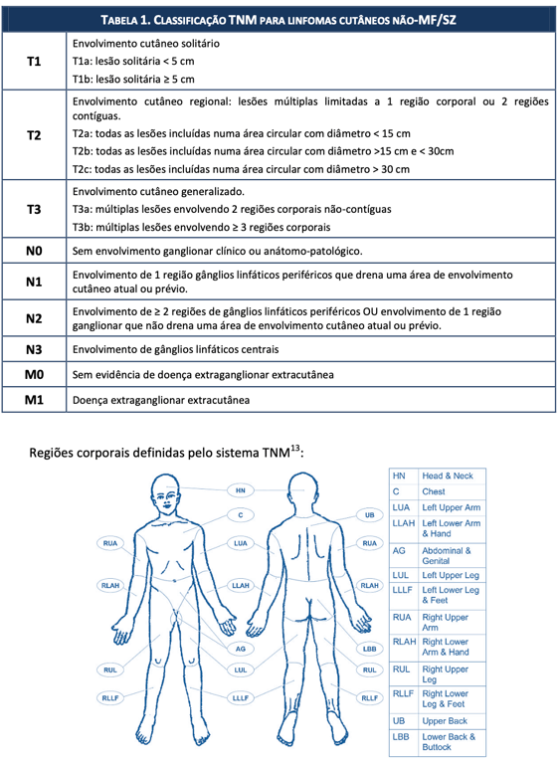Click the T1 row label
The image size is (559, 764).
pos(34,62)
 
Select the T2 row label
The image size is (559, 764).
pos(34,135)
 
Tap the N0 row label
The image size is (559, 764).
pos(34,251)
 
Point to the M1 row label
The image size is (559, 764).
pos(34,400)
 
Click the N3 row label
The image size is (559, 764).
pos(34,349)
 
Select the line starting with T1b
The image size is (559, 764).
pos(133,79)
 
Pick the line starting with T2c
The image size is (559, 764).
pos(242,169)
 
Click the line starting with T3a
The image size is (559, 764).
pos(232,210)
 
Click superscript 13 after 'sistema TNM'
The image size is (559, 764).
pos(295,449)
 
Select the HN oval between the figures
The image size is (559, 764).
pos(241,490)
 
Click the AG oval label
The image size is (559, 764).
pos(241,649)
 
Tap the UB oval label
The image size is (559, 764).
pos(369,515)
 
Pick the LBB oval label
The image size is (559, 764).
pos(369,649)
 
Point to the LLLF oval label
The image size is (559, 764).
pos(241,697)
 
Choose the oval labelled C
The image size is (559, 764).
pos(241,515)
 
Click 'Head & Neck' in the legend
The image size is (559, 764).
pos(448,477)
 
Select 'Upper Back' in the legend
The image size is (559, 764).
pos(445,721)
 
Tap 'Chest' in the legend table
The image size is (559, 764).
pos(434,491)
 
